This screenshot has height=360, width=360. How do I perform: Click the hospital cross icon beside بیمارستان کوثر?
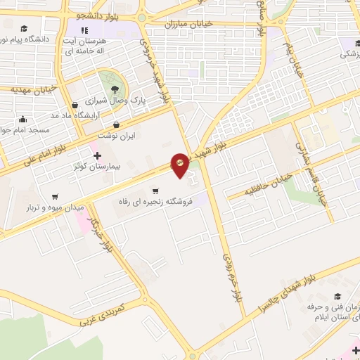click(x=97, y=155)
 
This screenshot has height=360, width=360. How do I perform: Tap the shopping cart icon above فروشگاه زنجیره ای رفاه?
click(x=155, y=191)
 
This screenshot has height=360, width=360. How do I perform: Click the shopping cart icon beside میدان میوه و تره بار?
click(x=55, y=197)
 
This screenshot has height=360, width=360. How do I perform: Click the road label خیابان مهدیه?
click(x=33, y=89)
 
